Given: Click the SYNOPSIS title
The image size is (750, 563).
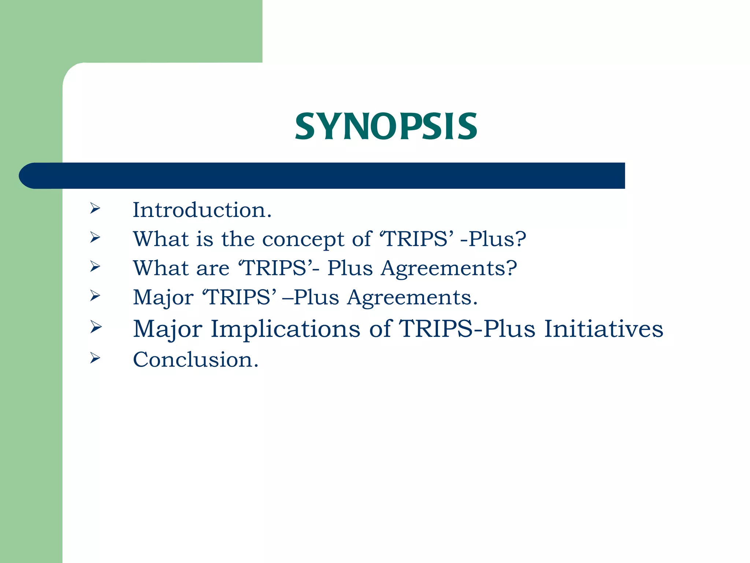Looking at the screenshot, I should click(386, 127).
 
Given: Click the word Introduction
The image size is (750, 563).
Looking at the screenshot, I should click(202, 210).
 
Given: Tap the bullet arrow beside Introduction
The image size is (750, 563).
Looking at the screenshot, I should click(95, 209).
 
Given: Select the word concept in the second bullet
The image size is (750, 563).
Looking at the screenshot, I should click(303, 239).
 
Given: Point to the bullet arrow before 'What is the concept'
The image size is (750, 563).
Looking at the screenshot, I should click(95, 238).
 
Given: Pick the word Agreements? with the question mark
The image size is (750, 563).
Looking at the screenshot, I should click(449, 269).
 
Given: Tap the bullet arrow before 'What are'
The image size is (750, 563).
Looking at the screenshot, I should click(95, 266).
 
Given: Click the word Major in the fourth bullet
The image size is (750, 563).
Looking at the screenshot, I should click(163, 297).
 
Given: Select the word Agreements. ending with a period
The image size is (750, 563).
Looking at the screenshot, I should click(413, 297).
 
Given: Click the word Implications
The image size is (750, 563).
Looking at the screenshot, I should click(285, 329).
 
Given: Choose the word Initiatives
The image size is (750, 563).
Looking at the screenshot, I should click(604, 329).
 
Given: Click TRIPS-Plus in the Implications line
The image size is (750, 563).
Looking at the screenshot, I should click(467, 329).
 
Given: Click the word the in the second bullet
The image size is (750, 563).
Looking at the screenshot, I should click(238, 239).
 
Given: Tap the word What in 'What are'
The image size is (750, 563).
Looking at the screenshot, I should click(161, 268).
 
